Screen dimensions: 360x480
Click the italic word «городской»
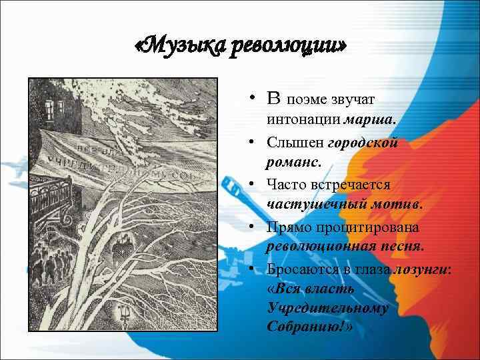(365, 142)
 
